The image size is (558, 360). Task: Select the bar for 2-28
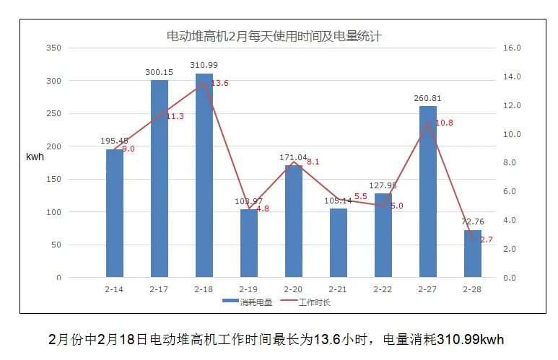coord(472,253)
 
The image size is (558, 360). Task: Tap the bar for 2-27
coord(427,191)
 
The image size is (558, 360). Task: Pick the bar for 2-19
coord(248,243)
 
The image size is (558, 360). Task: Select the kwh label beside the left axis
coord(35,157)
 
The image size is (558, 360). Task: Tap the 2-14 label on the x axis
coord(114,289)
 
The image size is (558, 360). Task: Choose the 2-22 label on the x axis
coord(383,289)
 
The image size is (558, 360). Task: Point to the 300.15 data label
coord(159,72)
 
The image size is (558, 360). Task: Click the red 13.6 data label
coord(219,84)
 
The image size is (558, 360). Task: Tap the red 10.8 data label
coord(444,123)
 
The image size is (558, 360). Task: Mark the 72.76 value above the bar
coord(472,222)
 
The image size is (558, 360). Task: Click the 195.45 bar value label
coord(114,141)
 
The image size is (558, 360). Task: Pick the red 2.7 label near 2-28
coord(486,240)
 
